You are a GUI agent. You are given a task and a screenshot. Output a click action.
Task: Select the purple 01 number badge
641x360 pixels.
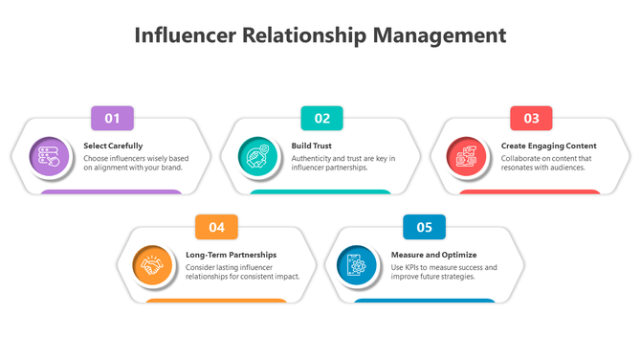pyautogui.click(x=112, y=119)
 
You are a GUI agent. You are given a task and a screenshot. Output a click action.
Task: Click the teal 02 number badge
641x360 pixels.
pyautogui.click(x=322, y=119)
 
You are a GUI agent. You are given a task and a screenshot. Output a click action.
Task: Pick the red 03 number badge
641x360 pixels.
pyautogui.click(x=531, y=119)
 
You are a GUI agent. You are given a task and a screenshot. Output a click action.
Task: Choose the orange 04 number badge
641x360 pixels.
pyautogui.click(x=217, y=227)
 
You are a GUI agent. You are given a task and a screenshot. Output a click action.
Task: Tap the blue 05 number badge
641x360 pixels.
pyautogui.click(x=425, y=227)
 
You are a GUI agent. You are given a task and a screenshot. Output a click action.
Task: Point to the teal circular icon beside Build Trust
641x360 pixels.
pyautogui.click(x=257, y=156)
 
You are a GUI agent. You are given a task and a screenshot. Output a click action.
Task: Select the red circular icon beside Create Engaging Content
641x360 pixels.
pyautogui.click(x=467, y=156)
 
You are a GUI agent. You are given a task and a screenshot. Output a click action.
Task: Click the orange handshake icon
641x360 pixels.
pyautogui.click(x=153, y=265)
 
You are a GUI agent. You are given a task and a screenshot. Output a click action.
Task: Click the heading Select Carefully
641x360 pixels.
pyautogui.click(x=113, y=146)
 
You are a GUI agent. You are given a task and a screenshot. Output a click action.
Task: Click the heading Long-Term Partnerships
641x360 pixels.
pyautogui.click(x=231, y=255)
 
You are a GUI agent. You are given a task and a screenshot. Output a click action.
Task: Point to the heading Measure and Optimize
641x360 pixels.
pyautogui.click(x=433, y=255)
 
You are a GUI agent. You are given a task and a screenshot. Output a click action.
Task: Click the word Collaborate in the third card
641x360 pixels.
pyautogui.click(x=523, y=158)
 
